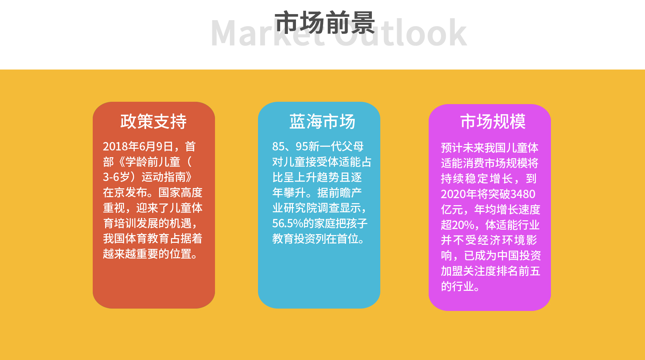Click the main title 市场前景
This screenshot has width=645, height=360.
(325, 23)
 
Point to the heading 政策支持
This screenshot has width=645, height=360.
(154, 121)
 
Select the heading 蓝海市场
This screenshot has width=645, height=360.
(322, 121)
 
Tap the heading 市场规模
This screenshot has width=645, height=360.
(493, 121)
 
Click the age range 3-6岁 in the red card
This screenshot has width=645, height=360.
(116, 177)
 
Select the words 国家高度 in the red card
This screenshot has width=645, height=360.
(180, 192)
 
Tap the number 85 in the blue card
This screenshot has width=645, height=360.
(278, 146)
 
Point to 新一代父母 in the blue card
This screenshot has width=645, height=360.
(336, 146)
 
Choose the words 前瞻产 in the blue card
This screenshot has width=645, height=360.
(345, 192)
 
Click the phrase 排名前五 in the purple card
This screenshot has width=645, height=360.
(518, 271)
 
